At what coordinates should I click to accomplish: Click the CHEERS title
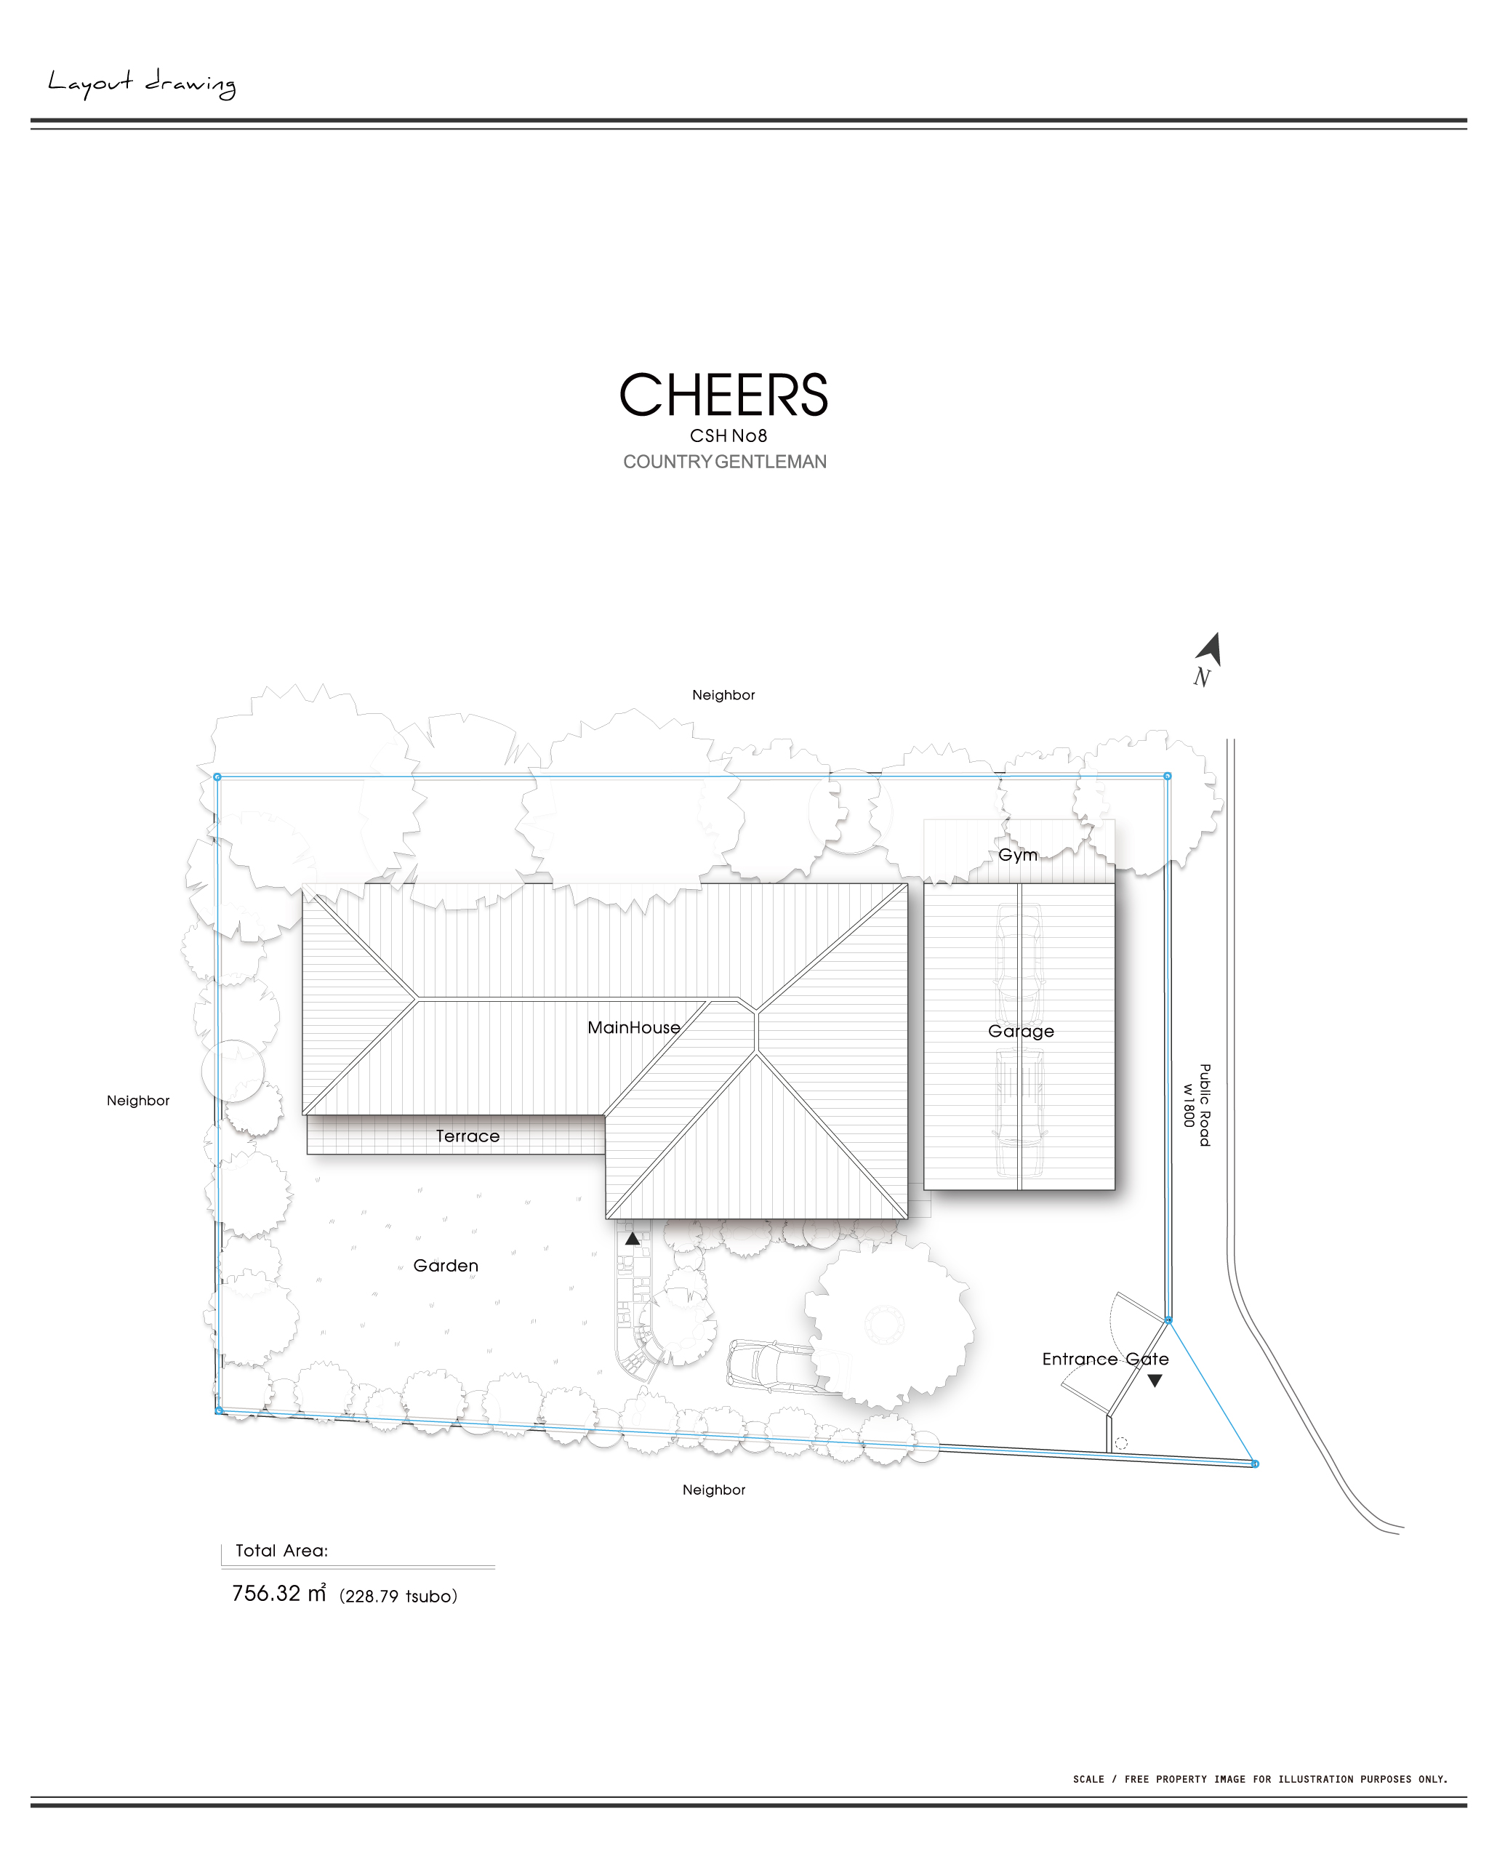pyautogui.click(x=723, y=395)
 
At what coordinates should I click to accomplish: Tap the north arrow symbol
pyautogui.click(x=1209, y=649)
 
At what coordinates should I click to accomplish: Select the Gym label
pyautogui.click(x=1018, y=855)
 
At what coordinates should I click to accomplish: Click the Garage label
pyautogui.click(x=1020, y=1032)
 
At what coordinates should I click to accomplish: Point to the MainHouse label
pyautogui.click(x=633, y=1027)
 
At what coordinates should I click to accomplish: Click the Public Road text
pyautogui.click(x=1205, y=1104)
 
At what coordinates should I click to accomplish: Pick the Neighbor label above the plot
pyautogui.click(x=723, y=695)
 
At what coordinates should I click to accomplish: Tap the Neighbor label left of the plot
pyautogui.click(x=137, y=1100)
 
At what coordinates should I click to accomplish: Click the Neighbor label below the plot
pyautogui.click(x=713, y=1490)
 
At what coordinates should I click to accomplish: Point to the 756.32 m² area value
pyautogui.click(x=278, y=1593)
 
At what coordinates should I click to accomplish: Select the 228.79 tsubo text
pyautogui.click(x=398, y=1596)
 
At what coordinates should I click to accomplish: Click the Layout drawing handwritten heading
pyautogui.click(x=142, y=84)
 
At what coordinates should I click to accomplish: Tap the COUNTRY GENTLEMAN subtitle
pyautogui.click(x=724, y=462)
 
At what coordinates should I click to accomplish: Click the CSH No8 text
pyautogui.click(x=728, y=435)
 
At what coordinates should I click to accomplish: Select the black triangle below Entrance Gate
pyautogui.click(x=1154, y=1380)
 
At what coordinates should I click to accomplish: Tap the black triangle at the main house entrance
pyautogui.click(x=633, y=1237)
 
